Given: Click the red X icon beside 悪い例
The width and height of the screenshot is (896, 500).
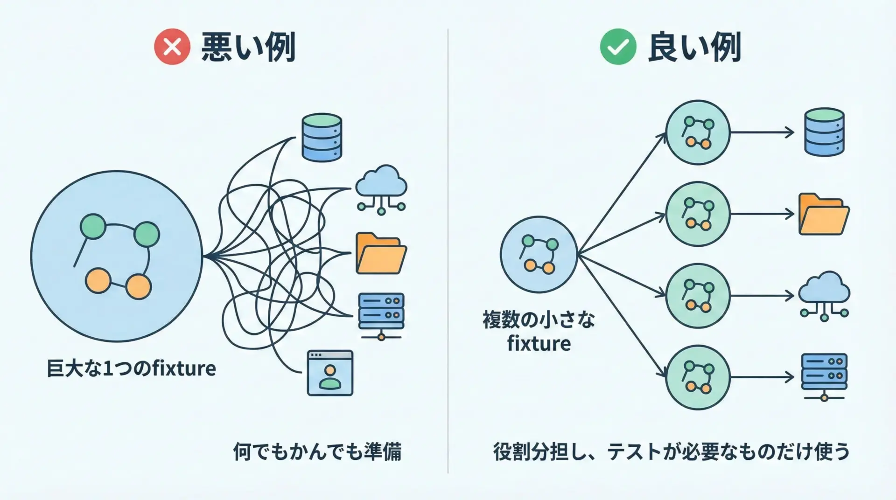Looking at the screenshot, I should [x=172, y=47].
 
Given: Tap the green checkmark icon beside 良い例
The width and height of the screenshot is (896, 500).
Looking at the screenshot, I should [x=618, y=47].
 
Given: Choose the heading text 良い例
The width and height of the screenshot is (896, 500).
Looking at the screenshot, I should [x=694, y=47].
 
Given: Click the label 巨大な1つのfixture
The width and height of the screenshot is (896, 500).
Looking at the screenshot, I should [x=131, y=368].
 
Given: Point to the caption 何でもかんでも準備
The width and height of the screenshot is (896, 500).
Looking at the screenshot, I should [x=317, y=451].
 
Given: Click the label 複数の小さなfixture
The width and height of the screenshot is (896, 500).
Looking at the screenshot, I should [x=539, y=331].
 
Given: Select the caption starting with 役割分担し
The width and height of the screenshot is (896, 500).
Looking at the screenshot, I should [x=671, y=451].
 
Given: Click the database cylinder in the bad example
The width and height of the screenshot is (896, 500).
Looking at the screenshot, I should [x=322, y=137].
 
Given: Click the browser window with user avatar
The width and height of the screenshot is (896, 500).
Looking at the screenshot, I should [x=330, y=373].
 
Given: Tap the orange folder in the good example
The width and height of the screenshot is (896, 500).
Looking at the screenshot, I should [x=824, y=214].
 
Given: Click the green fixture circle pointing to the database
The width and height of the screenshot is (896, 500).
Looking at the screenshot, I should [x=698, y=132].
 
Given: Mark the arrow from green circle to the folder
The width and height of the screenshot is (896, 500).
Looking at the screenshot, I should [x=762, y=214].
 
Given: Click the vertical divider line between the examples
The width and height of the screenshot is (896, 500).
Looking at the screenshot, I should [x=448, y=252].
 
